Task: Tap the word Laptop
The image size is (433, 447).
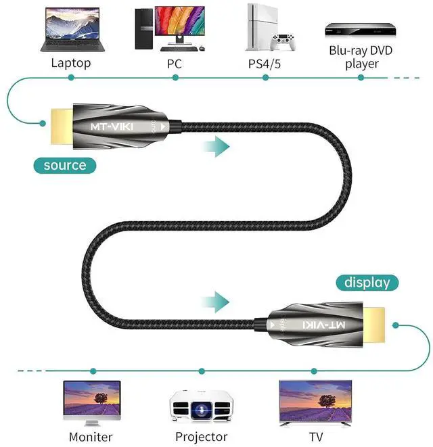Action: [70, 64]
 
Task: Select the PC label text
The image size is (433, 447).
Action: [175, 64]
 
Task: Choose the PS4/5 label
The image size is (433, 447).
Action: [265, 64]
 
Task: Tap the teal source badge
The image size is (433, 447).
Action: [65, 165]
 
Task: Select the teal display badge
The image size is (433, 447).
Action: [367, 282]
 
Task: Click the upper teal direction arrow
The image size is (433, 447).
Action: [217, 145]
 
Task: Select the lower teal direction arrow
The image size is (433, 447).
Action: [217, 301]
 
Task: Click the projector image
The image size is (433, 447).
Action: [200, 408]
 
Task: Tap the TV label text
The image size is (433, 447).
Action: [315, 437]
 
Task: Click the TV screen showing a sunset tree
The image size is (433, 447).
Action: [315, 400]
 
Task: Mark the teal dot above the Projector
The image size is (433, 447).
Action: [203, 371]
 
